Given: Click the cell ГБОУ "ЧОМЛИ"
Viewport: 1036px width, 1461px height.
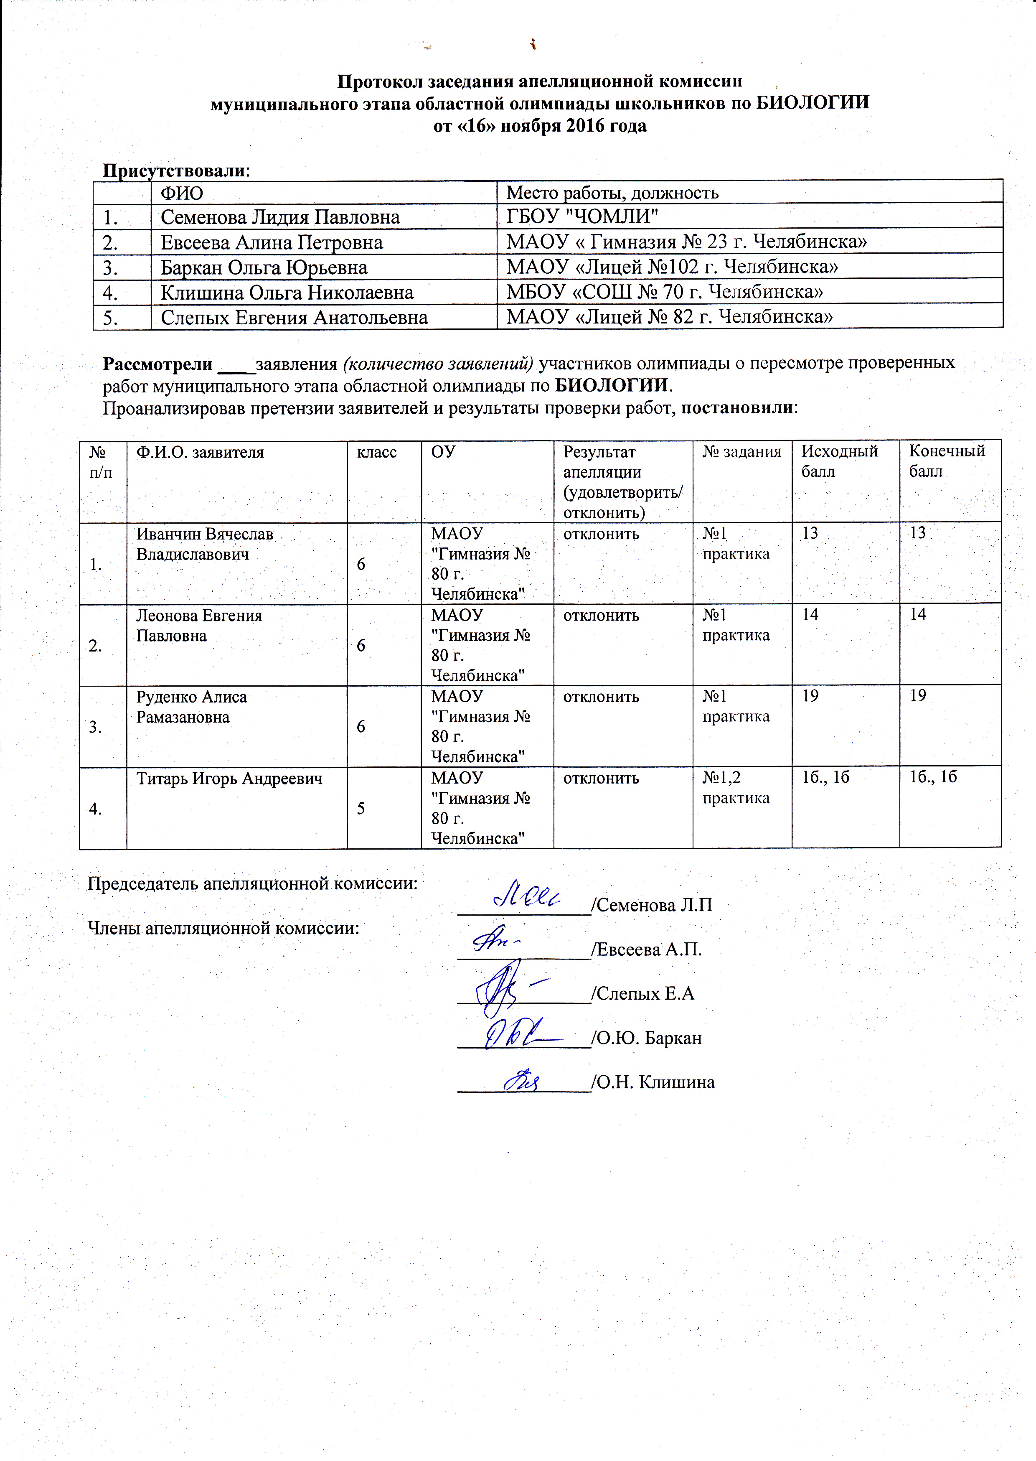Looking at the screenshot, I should pyautogui.click(x=582, y=217).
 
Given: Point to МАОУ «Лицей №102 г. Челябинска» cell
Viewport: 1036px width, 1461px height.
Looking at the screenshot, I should pyautogui.click(x=672, y=267).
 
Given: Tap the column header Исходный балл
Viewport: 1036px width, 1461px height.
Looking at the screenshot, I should pyautogui.click(x=839, y=461).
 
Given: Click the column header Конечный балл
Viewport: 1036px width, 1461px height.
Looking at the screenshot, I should pyautogui.click(x=947, y=461).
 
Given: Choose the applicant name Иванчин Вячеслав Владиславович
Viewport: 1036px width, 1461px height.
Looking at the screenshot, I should pyautogui.click(x=205, y=544).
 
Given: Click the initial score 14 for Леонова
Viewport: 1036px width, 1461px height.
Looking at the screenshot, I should pyautogui.click(x=810, y=615).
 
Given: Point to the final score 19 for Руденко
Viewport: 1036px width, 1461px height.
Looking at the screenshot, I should pyautogui.click(x=917, y=696).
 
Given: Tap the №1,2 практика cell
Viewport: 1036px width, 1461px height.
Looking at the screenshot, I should pyautogui.click(x=736, y=788).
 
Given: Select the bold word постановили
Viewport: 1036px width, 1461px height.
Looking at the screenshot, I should pyautogui.click(x=738, y=408).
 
